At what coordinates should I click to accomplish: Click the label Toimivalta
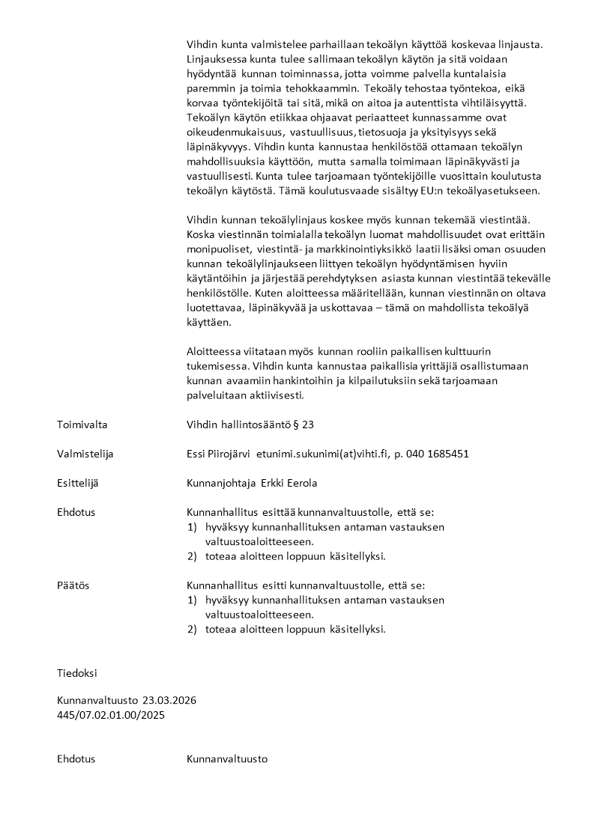82,424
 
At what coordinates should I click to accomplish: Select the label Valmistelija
85,454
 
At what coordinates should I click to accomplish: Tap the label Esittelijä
78,483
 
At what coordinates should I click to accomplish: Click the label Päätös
73,585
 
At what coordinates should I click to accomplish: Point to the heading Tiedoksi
76,673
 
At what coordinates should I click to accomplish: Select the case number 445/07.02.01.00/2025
111,715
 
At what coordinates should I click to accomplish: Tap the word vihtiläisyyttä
501,103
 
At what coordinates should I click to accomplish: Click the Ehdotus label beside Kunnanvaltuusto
76,759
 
